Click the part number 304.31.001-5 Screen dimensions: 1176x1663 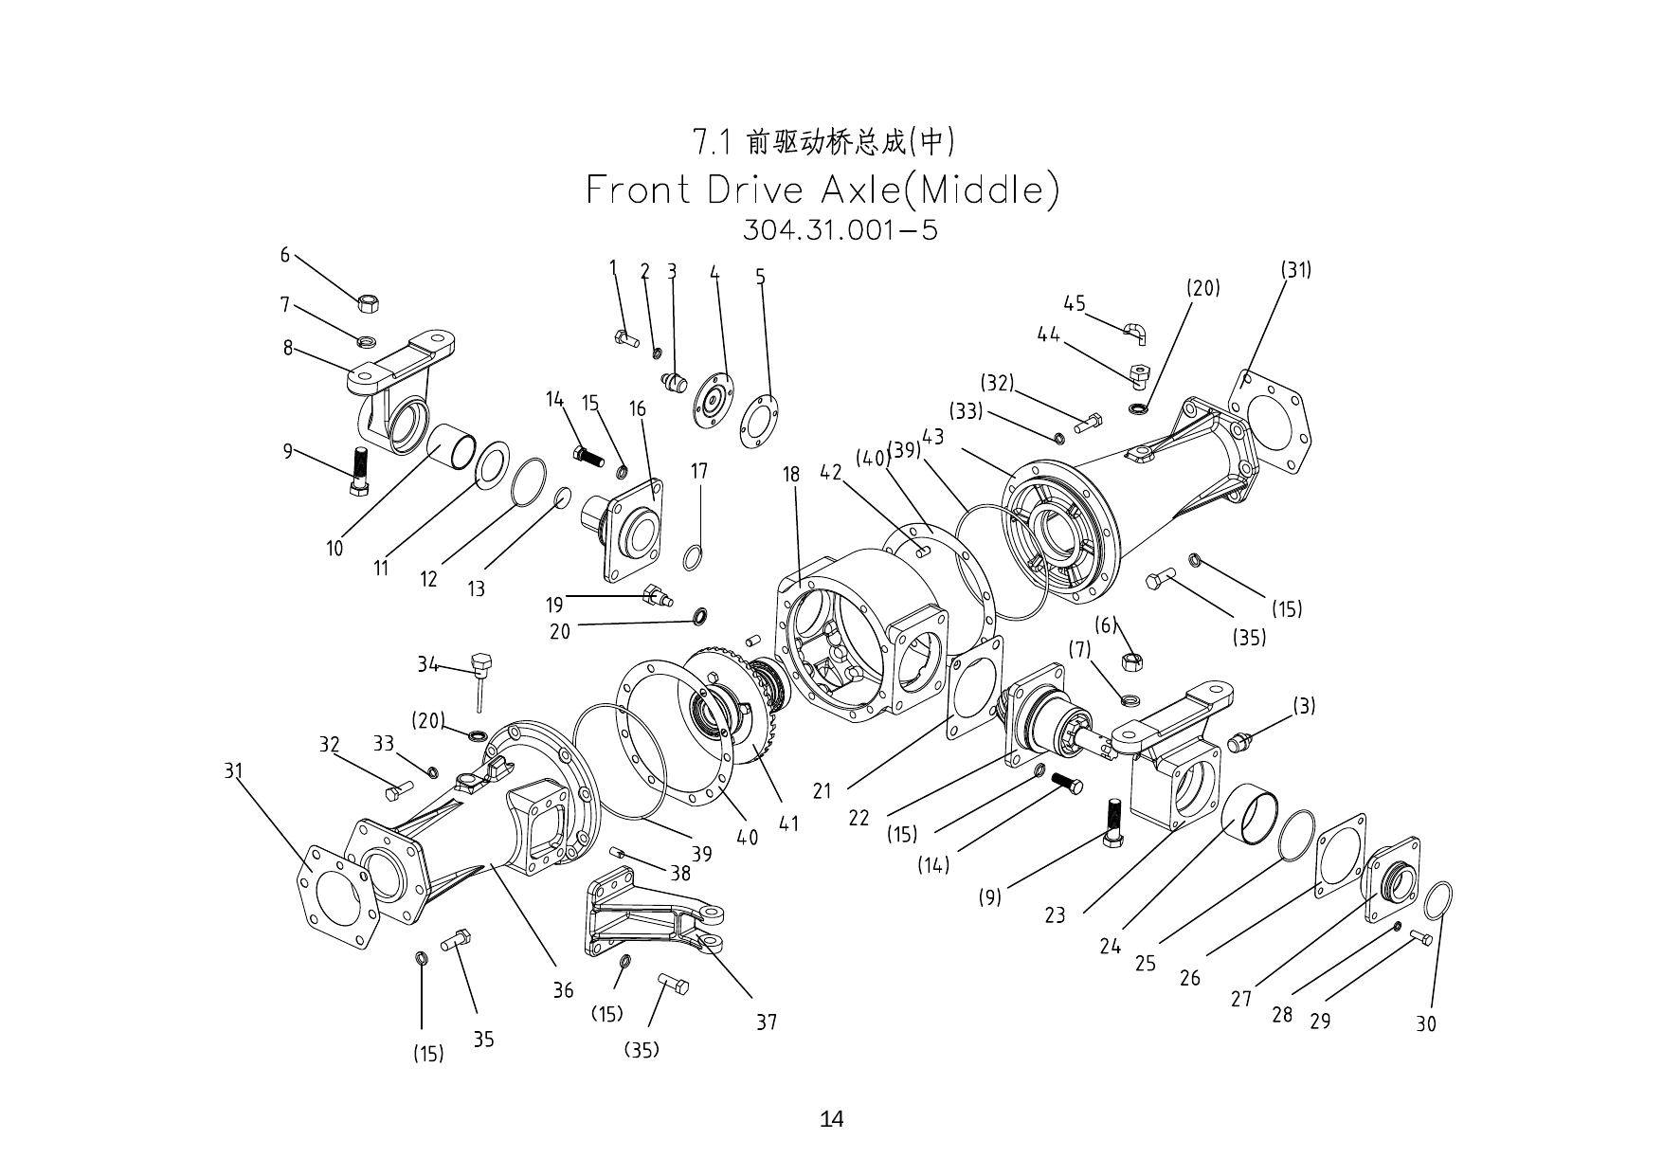tap(840, 230)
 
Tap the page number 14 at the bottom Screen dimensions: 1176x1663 tap(831, 1119)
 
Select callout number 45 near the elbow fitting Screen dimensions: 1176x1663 tap(1074, 304)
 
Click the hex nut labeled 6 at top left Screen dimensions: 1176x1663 tap(369, 302)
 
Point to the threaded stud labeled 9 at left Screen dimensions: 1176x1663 tap(360, 471)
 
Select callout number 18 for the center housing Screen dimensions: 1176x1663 tap(791, 475)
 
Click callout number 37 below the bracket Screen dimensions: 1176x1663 tap(766, 1022)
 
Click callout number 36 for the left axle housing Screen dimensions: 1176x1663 tap(563, 990)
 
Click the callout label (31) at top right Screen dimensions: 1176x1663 tap(1296, 270)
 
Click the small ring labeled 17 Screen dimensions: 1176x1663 tap(693, 558)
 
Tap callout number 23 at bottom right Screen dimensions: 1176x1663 tap(1055, 915)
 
